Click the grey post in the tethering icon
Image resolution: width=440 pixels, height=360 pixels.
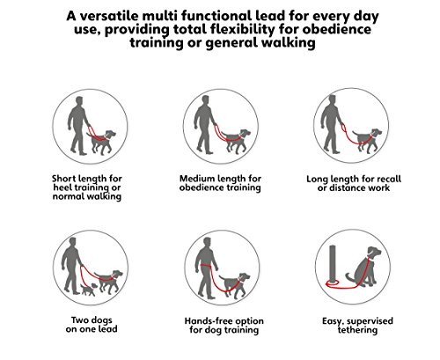(333, 264)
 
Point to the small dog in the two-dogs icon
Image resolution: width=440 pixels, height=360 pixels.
(88, 290)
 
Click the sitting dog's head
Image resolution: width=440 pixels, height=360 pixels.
(374, 252)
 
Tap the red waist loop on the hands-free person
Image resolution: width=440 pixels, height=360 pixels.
(207, 266)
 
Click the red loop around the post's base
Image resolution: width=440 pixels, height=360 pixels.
(333, 283)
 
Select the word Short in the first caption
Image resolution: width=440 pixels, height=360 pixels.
(63, 179)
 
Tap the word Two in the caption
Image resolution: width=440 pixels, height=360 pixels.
(79, 320)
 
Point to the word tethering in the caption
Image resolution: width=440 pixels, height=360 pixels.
(357, 330)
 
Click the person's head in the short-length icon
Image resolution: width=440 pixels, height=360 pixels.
(79, 100)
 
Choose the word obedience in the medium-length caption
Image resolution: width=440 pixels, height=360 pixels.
(200, 187)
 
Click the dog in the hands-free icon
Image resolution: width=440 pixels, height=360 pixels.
(235, 284)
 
